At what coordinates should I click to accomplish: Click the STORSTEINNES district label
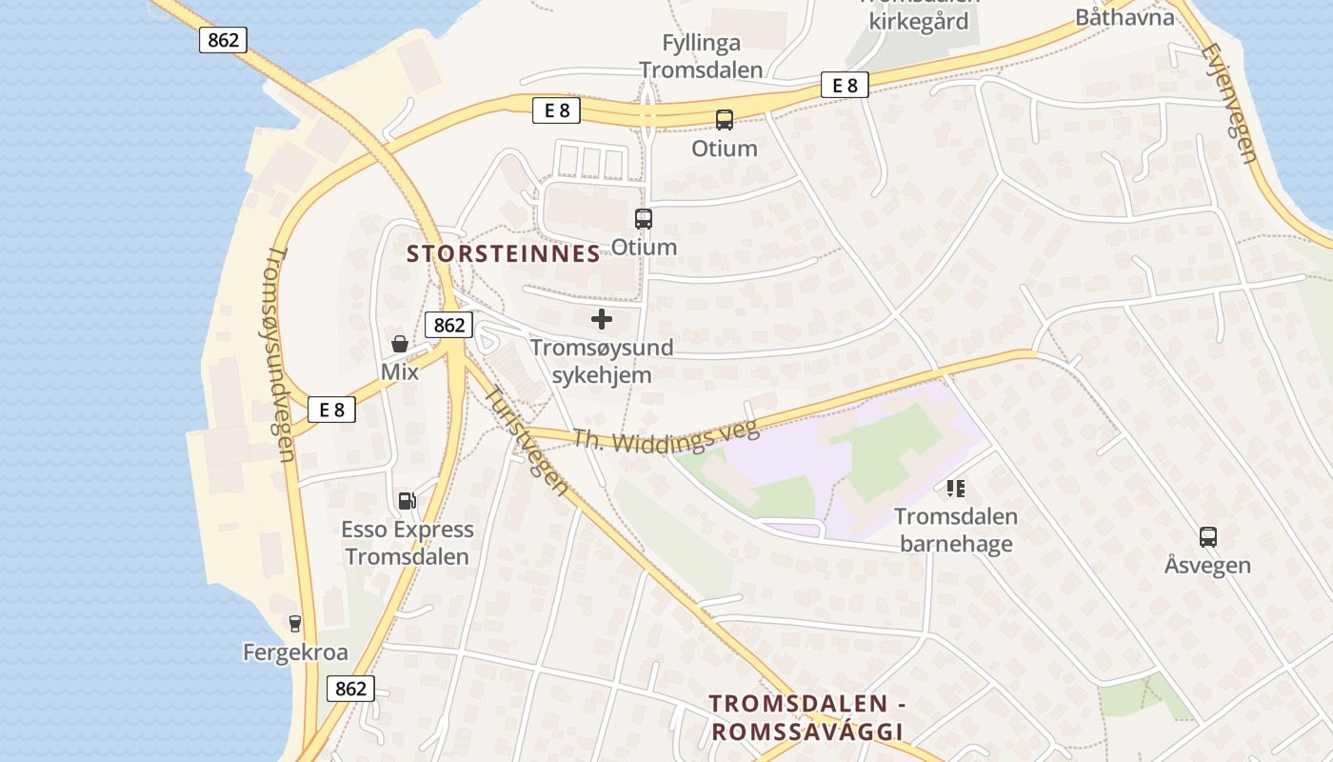coord(504,253)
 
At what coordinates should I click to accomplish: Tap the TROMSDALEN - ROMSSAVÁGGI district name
coord(806,717)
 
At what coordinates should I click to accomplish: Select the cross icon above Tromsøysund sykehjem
coord(602,319)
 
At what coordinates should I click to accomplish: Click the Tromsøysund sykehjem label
coord(602,361)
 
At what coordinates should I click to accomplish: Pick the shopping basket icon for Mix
coord(400,344)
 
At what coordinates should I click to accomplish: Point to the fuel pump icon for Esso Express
coord(407,500)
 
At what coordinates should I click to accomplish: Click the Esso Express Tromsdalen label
coord(408,543)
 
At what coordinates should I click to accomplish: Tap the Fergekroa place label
coord(295,652)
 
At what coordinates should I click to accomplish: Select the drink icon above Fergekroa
coord(295,624)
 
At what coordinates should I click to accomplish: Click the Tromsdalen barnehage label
coord(956,531)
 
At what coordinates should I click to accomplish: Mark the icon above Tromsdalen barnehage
coord(956,489)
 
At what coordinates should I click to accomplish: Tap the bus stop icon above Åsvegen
coord(1207,536)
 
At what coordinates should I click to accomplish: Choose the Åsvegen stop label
coord(1207,565)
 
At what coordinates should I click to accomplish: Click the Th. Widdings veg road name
coord(666,436)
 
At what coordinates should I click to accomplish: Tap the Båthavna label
coord(1124,17)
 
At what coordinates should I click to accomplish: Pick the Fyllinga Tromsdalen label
coord(701,56)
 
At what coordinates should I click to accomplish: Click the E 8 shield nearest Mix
coord(331,410)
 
